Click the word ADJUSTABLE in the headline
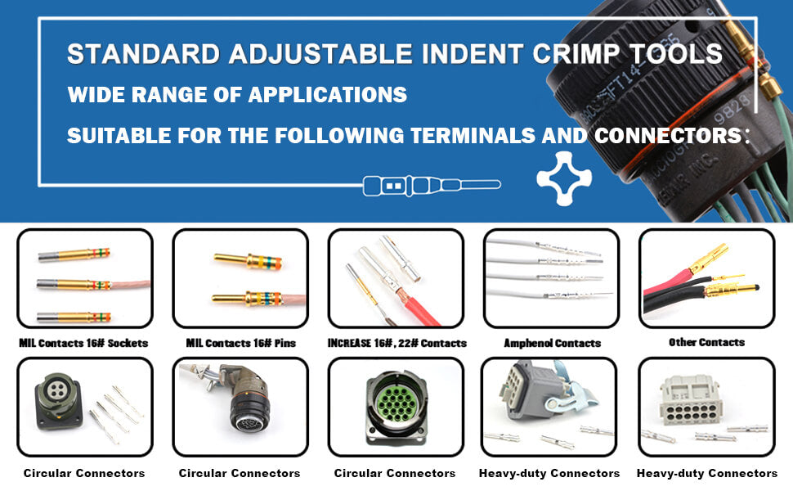[x=320, y=54]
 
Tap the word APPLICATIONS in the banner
[x=328, y=95]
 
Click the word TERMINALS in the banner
[x=473, y=136]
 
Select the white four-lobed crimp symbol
[x=564, y=178]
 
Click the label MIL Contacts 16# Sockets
[x=83, y=343]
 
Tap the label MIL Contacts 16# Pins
[x=240, y=343]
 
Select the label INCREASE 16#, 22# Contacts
[x=397, y=343]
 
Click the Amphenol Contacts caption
[x=553, y=343]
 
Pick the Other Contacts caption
[x=706, y=342]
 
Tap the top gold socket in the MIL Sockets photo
[x=74, y=255]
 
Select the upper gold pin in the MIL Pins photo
[x=248, y=261]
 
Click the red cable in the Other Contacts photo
[x=668, y=283]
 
